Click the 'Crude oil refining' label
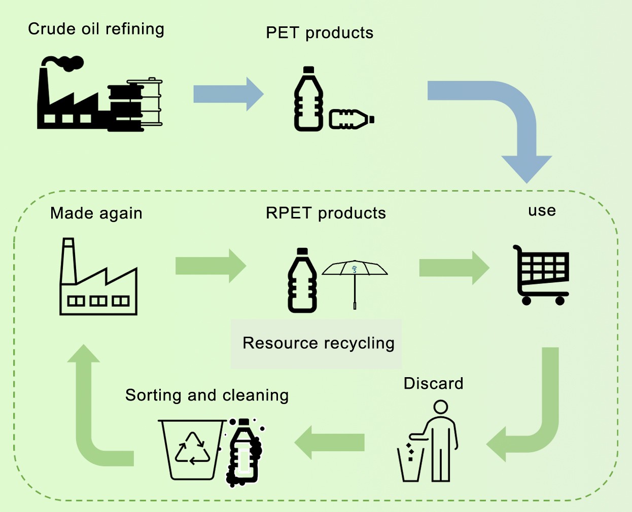click(x=96, y=29)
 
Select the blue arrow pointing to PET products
click(x=228, y=94)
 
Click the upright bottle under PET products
click(x=308, y=100)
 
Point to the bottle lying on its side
click(x=351, y=119)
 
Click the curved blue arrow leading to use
click(x=507, y=117)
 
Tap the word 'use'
click(x=542, y=210)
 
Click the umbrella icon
click(x=355, y=276)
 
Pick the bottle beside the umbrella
click(x=302, y=281)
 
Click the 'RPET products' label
click(x=326, y=213)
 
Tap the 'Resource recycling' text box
click(x=318, y=343)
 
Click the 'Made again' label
click(x=96, y=213)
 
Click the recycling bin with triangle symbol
click(x=192, y=449)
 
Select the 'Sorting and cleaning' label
click(x=207, y=395)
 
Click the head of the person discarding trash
click(x=441, y=407)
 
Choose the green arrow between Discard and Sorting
click(x=330, y=443)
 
